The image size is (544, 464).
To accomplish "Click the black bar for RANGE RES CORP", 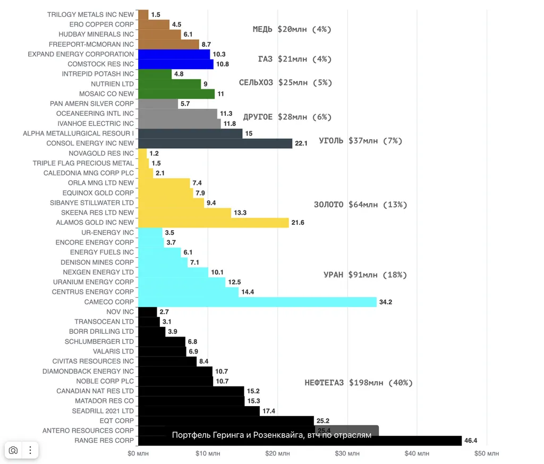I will pyautogui.click(x=297, y=441).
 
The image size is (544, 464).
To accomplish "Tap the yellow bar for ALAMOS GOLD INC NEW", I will pyautogui.click(x=213, y=223).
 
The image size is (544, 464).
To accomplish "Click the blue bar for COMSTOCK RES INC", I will pyautogui.click(x=175, y=64).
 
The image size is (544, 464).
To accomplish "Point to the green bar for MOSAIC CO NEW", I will pyautogui.click(x=176, y=94).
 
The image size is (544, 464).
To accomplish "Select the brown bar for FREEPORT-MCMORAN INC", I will pyautogui.click(x=168, y=44).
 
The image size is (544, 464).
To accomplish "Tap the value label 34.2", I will pyautogui.click(x=386, y=302).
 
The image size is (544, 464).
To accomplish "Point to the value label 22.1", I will pyautogui.click(x=301, y=144).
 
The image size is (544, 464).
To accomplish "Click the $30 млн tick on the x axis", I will pyautogui.click(x=347, y=453).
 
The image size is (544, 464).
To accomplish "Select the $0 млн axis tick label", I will pyautogui.click(x=138, y=453).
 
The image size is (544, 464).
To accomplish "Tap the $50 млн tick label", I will pyautogui.click(x=487, y=453).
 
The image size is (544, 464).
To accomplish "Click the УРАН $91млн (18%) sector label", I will pyautogui.click(x=365, y=275).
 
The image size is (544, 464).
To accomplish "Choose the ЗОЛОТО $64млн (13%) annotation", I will pyautogui.click(x=361, y=205).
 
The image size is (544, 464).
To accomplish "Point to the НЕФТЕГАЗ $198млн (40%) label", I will pyautogui.click(x=359, y=383).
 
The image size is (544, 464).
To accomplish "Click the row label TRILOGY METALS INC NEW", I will pyautogui.click(x=90, y=14).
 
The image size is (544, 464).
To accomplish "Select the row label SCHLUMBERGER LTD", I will pyautogui.click(x=99, y=342).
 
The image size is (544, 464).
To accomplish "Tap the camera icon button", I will pyautogui.click(x=13, y=450).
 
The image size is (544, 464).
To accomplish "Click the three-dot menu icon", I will pyautogui.click(x=30, y=450).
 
